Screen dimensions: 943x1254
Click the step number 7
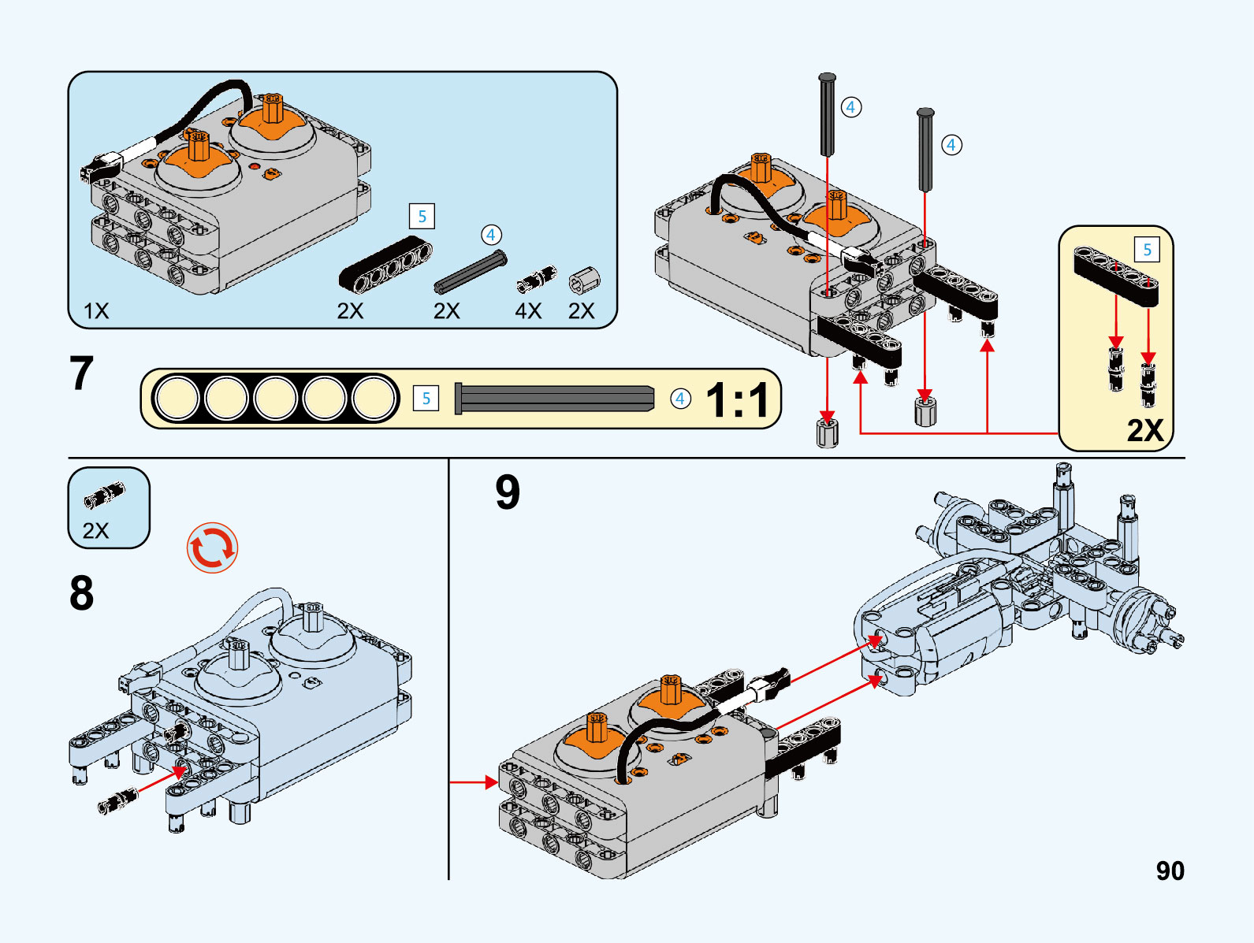click(x=81, y=373)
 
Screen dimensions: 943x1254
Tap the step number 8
click(x=81, y=593)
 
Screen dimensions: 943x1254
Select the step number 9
click(x=508, y=492)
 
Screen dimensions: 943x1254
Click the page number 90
click(x=1170, y=871)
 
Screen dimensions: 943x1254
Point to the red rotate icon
click(x=212, y=548)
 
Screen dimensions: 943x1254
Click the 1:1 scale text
click(x=737, y=400)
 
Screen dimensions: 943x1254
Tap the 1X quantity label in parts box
click(x=96, y=311)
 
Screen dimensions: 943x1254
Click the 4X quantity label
click(x=528, y=311)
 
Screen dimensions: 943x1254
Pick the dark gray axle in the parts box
click(x=471, y=272)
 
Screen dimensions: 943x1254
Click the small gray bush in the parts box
click(x=585, y=280)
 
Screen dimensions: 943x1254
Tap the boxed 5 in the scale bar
click(x=426, y=399)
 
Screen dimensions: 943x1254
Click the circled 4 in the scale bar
click(x=680, y=399)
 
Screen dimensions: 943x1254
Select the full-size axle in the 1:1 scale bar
click(x=554, y=399)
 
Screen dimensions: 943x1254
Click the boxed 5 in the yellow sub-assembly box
click(x=1147, y=250)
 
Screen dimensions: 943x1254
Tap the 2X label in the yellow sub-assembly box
click(x=1144, y=430)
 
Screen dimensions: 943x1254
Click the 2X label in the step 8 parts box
click(x=95, y=530)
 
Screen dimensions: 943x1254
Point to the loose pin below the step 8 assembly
click(x=117, y=801)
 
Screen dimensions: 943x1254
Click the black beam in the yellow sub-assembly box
click(x=1116, y=276)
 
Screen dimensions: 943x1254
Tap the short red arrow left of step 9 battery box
click(x=474, y=782)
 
